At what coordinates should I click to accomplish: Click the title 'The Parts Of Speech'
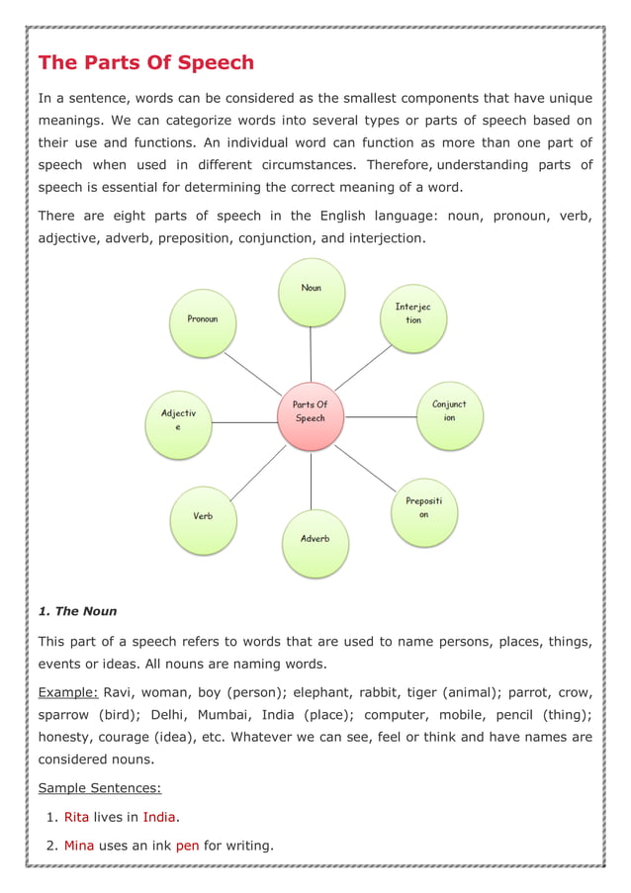click(x=145, y=63)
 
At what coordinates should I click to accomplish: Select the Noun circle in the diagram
click(x=312, y=292)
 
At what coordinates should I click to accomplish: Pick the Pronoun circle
click(x=203, y=322)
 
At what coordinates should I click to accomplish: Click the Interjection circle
click(x=413, y=316)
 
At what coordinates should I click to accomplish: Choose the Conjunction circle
click(x=449, y=414)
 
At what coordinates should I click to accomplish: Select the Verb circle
click(x=203, y=519)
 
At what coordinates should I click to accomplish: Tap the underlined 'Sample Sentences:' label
click(x=99, y=788)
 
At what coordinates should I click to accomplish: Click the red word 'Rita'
click(x=76, y=817)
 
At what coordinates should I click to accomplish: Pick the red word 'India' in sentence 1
click(x=158, y=817)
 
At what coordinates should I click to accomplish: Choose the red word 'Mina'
click(x=78, y=846)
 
